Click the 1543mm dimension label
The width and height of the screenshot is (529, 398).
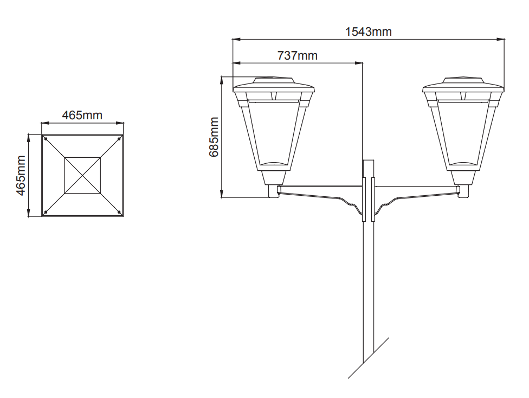tap(368, 32)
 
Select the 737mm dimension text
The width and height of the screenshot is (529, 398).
tap(297, 55)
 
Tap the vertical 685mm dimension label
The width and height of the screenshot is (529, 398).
tap(214, 137)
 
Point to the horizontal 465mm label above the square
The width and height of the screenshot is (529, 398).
tap(82, 115)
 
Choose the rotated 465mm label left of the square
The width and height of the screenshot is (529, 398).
tap(21, 175)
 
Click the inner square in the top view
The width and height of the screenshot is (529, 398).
tap(82, 175)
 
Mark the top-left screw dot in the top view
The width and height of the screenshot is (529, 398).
tap(46, 139)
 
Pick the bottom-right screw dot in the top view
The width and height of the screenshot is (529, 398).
tap(119, 212)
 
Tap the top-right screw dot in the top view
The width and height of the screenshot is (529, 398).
tap(119, 139)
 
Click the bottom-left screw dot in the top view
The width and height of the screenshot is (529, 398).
tap(46, 212)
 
